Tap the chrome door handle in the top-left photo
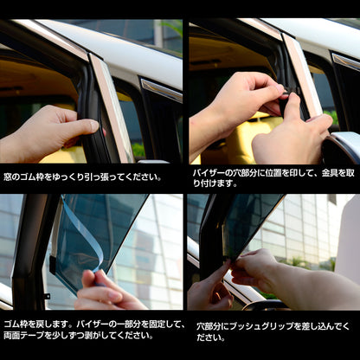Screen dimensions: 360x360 tap(162, 90)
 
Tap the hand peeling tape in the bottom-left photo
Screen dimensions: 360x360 tap(104, 292)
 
